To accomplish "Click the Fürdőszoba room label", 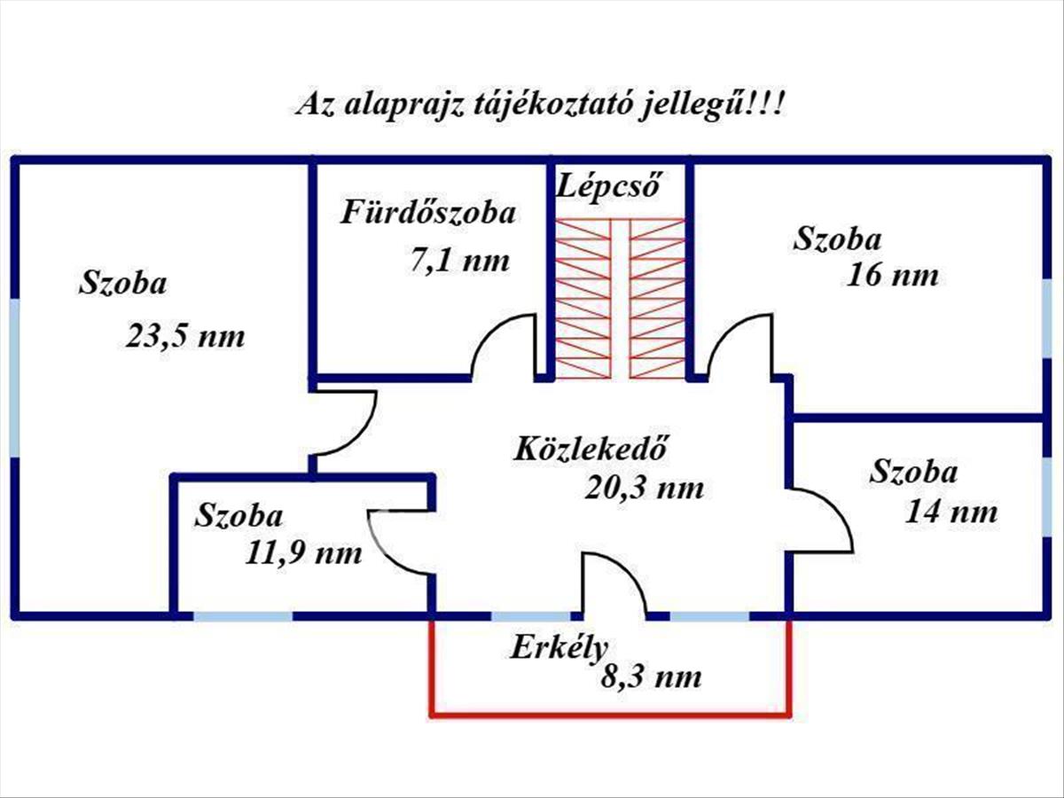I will [x=428, y=214].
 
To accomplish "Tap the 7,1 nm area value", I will [x=459, y=261].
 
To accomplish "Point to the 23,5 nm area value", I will [x=184, y=337].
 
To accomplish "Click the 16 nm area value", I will [x=892, y=275].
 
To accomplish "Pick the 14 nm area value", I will [x=951, y=512].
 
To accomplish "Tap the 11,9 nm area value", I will [x=304, y=554].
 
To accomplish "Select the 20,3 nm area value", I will [x=645, y=488].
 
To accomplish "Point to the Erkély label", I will [x=558, y=647].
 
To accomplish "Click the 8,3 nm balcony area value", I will [x=651, y=678].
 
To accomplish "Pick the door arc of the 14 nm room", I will [x=825, y=519].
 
